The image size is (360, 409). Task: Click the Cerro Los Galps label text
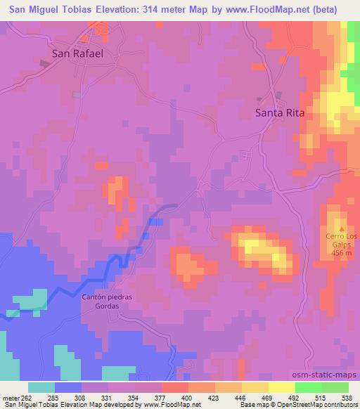(x=342, y=240)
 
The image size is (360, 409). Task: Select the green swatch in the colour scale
(x=321, y=387)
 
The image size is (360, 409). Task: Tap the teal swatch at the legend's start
(x=41, y=387)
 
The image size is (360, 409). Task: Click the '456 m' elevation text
(x=342, y=253)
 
